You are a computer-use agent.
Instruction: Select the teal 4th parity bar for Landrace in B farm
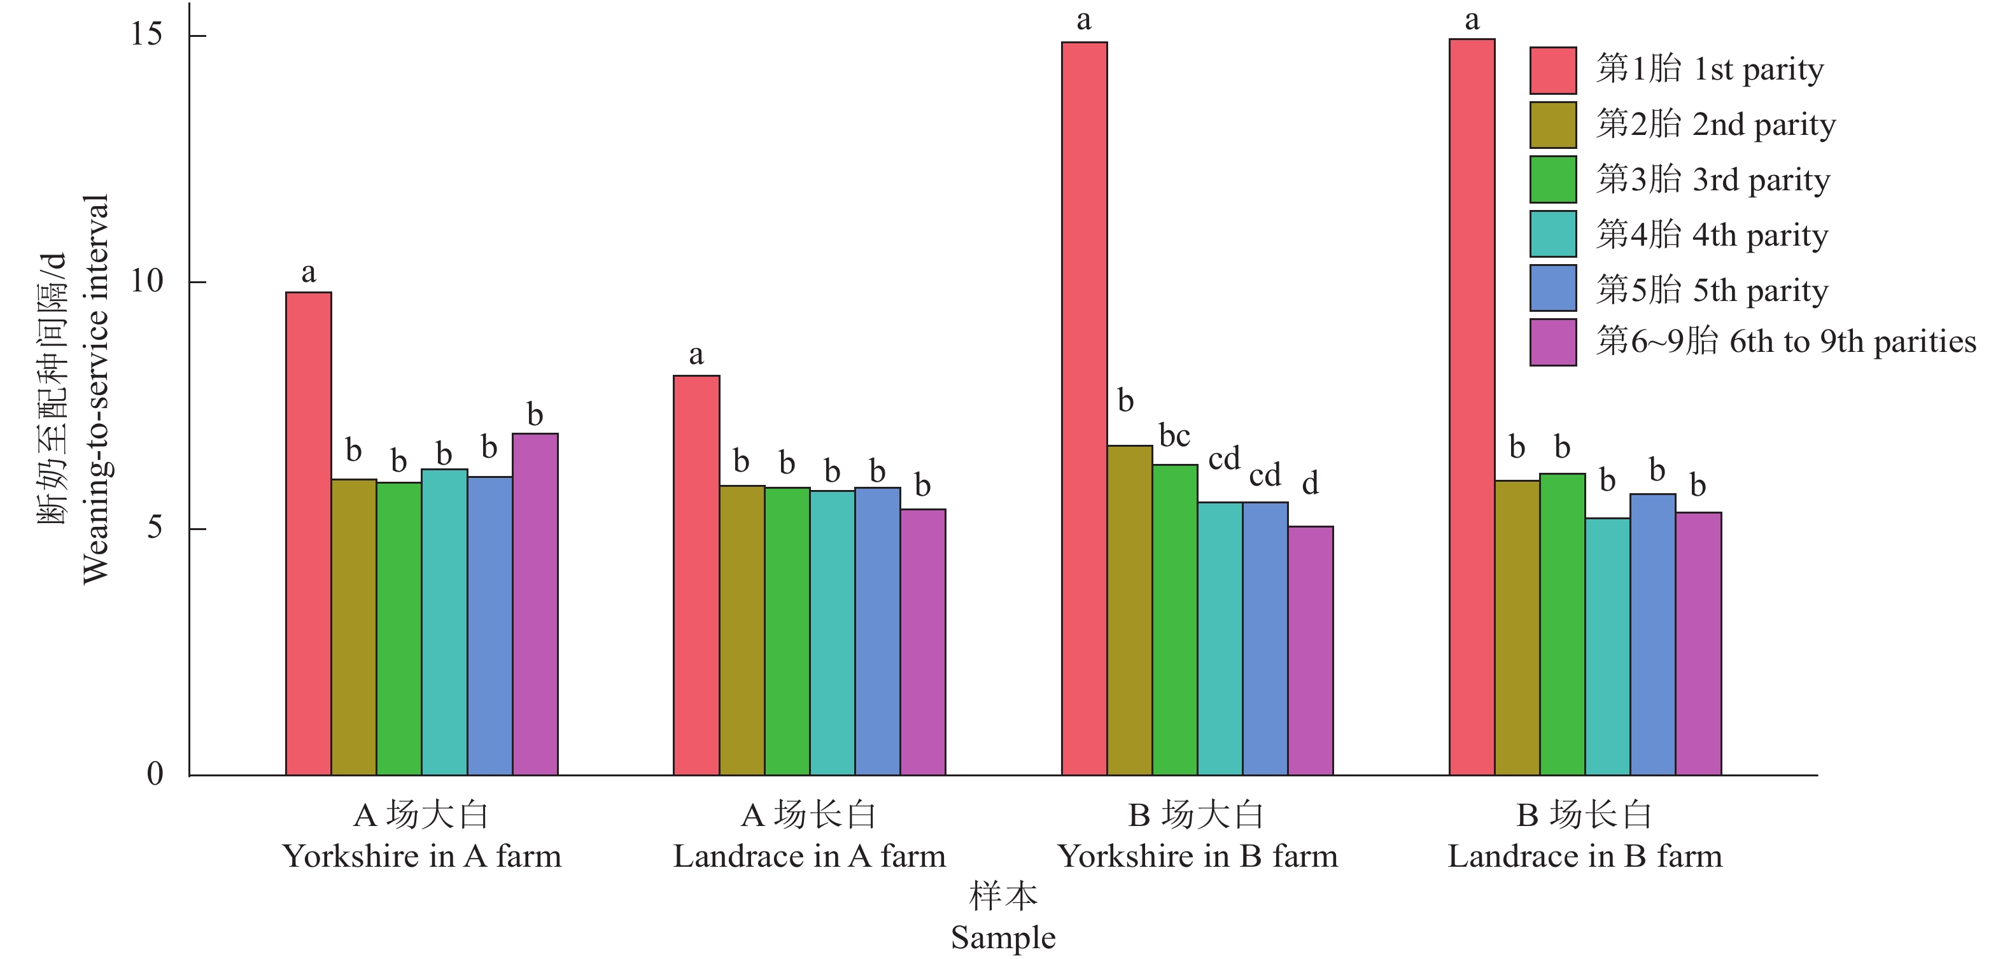[1607, 646]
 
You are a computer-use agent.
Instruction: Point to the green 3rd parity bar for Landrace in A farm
[787, 631]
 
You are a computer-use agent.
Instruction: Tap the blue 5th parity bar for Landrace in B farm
[1652, 634]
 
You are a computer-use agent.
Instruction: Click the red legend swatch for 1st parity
[1553, 70]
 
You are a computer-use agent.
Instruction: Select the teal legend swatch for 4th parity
[1553, 234]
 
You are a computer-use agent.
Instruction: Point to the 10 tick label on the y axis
[146, 281]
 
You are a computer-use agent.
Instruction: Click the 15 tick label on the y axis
[146, 34]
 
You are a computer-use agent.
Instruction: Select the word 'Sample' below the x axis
[1002, 937]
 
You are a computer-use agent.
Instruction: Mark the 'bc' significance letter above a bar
[1174, 436]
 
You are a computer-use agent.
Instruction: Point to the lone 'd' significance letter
[1310, 484]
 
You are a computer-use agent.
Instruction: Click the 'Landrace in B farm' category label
[1585, 857]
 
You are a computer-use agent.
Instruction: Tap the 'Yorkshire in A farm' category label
[421, 857]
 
